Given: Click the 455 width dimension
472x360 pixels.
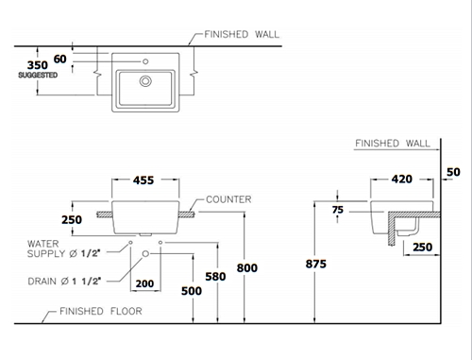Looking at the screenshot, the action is click(143, 180).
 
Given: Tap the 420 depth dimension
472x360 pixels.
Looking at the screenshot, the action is click(402, 179).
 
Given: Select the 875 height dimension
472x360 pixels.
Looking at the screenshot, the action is click(316, 264).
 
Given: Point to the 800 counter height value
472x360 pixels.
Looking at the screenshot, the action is click(247, 267).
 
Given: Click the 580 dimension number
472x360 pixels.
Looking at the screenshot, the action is click(215, 277).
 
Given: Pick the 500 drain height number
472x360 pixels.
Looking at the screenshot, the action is click(192, 291).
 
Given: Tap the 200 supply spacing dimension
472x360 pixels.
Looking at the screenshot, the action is click(144, 283).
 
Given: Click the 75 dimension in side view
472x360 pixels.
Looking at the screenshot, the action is click(338, 210).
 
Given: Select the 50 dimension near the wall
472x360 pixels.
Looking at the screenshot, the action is click(453, 172).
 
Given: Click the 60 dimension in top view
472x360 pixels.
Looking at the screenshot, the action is click(59, 59).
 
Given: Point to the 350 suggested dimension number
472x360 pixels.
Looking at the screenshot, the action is click(38, 65).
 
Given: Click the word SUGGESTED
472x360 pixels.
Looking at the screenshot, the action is click(38, 75).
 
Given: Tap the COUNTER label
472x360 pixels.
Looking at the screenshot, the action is click(228, 199).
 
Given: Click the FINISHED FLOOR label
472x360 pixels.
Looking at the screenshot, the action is click(101, 311).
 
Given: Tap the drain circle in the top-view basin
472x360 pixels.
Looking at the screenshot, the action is click(145, 81).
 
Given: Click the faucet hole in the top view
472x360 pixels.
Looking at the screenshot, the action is click(145, 61).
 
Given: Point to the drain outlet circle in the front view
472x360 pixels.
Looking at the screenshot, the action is click(145, 253).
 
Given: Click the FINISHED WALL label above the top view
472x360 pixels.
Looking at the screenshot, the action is click(242, 34).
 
